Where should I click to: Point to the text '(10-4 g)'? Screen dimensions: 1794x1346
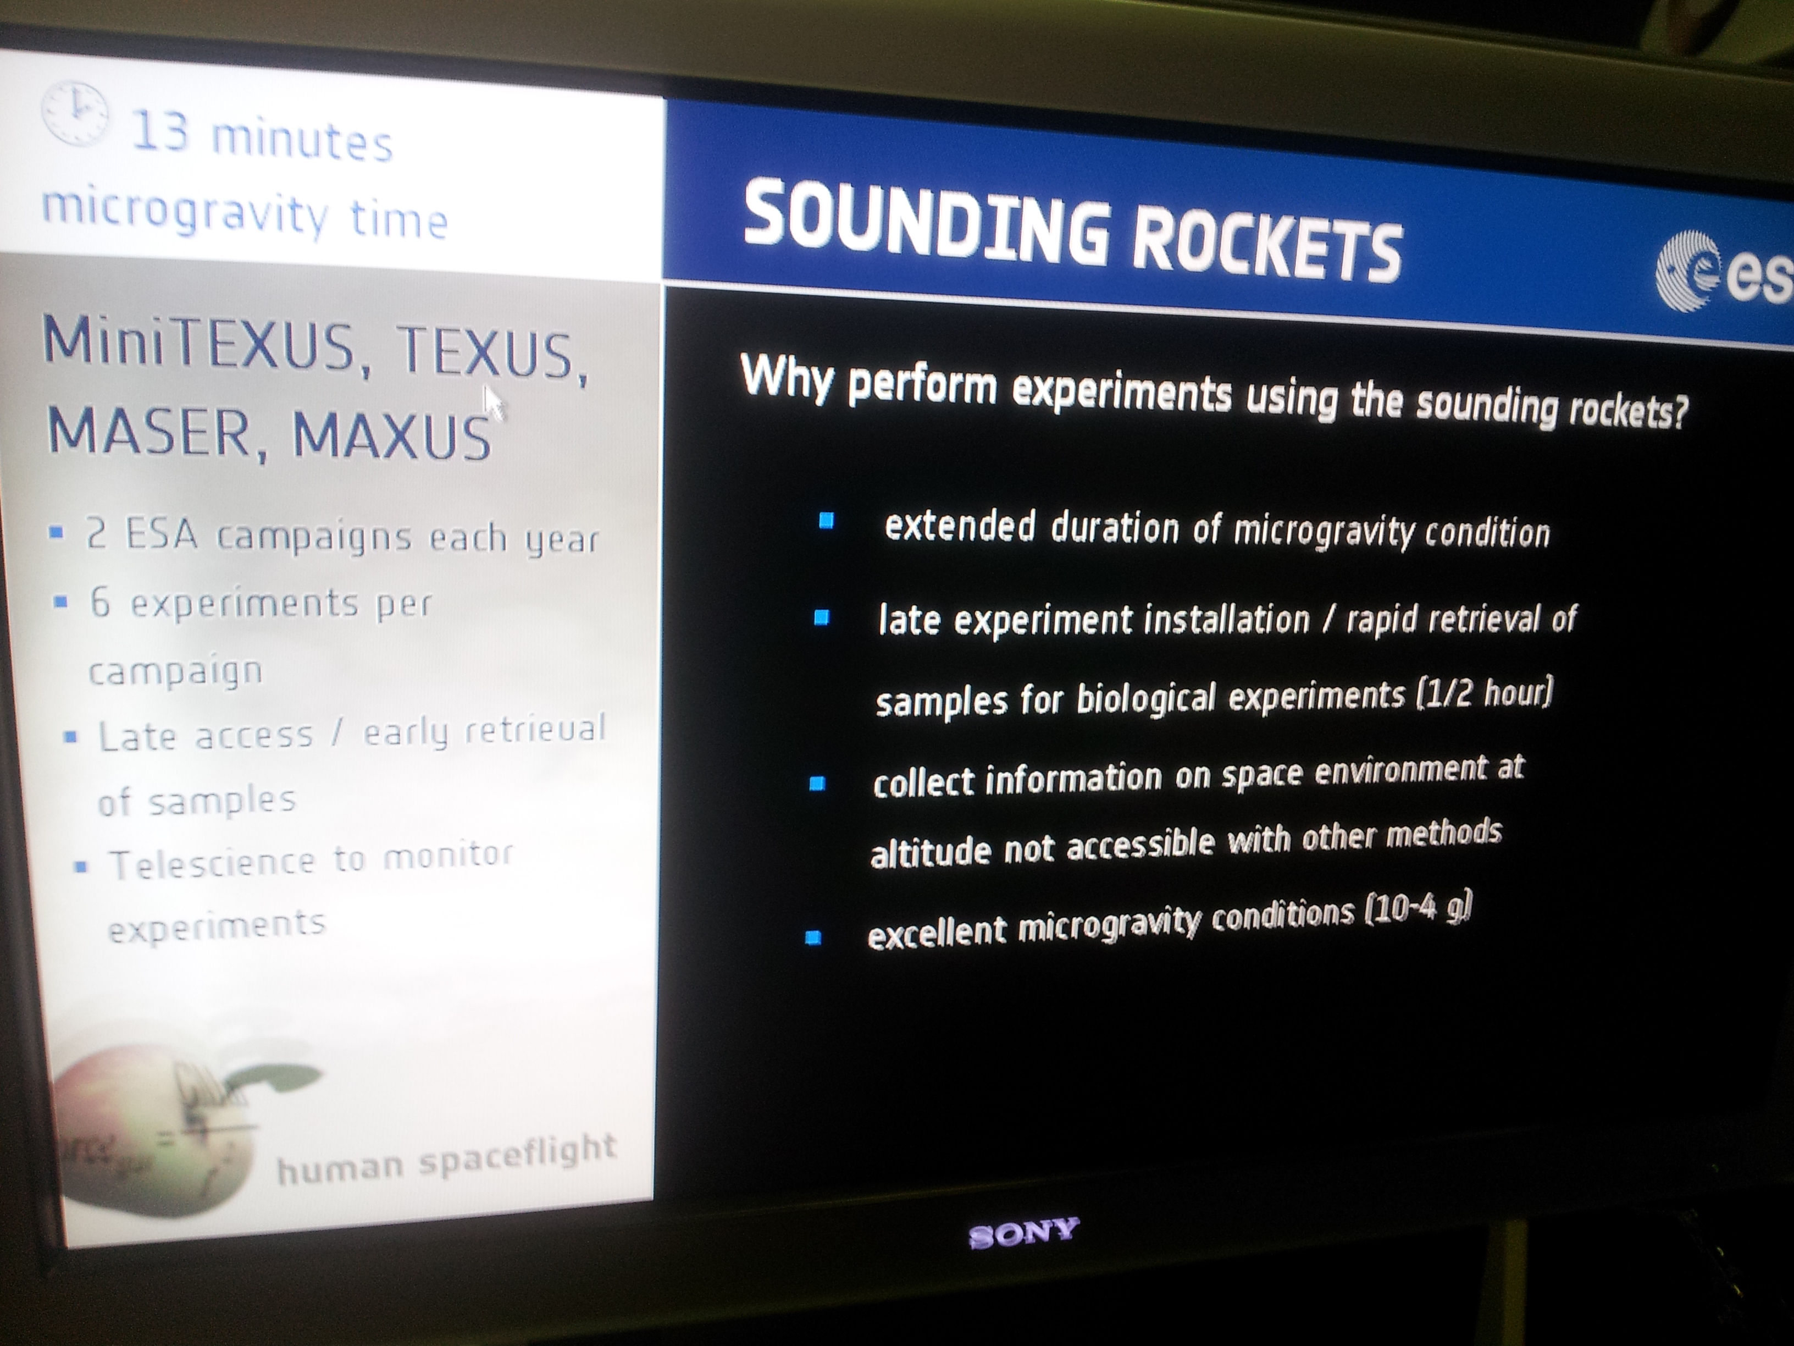coord(1418,909)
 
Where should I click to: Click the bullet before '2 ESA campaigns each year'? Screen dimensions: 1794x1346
coord(56,533)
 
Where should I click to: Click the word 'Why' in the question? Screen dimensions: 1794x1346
coord(787,378)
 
